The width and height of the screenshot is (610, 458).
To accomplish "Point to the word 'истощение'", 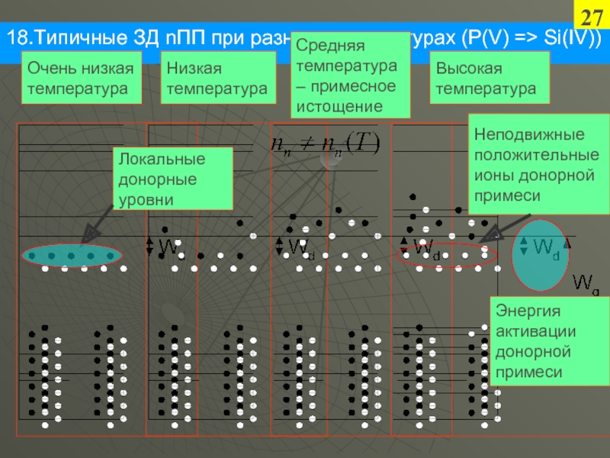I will (x=329, y=105).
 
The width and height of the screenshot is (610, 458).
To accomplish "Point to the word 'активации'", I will (x=531, y=332).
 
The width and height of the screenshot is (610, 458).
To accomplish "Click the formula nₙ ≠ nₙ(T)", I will (x=324, y=144).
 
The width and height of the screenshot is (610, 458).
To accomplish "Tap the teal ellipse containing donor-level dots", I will (x=71, y=256).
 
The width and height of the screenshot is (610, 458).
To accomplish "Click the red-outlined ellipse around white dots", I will (x=445, y=256).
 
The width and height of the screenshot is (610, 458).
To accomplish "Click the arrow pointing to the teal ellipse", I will (x=95, y=230).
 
